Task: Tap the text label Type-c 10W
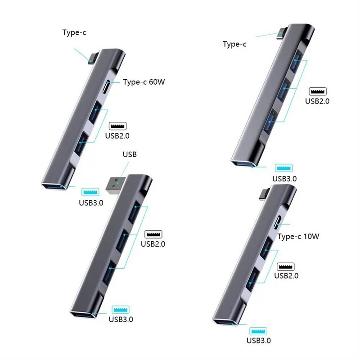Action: click(298, 237)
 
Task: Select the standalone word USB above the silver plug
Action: click(129, 154)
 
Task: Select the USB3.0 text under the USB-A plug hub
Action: click(121, 320)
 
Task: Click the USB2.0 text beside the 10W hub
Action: click(286, 276)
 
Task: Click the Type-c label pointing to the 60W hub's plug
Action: click(75, 32)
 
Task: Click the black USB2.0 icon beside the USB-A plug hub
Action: click(153, 234)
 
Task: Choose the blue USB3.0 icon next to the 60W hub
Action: click(90, 193)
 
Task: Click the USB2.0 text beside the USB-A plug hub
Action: click(153, 244)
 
